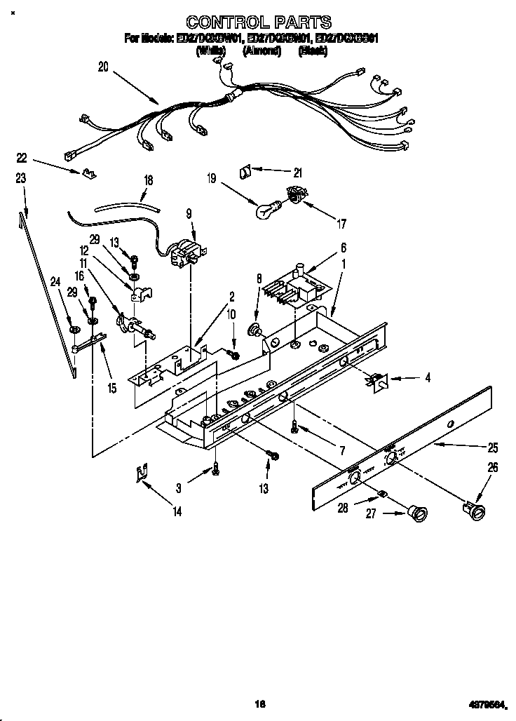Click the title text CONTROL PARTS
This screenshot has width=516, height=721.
257,22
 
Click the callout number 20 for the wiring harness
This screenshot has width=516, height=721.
104,67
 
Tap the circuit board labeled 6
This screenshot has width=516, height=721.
294,285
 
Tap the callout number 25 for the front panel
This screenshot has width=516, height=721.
493,447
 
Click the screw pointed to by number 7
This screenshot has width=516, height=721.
295,426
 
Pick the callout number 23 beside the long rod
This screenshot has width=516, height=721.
21,179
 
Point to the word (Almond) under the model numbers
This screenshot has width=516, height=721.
262,51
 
